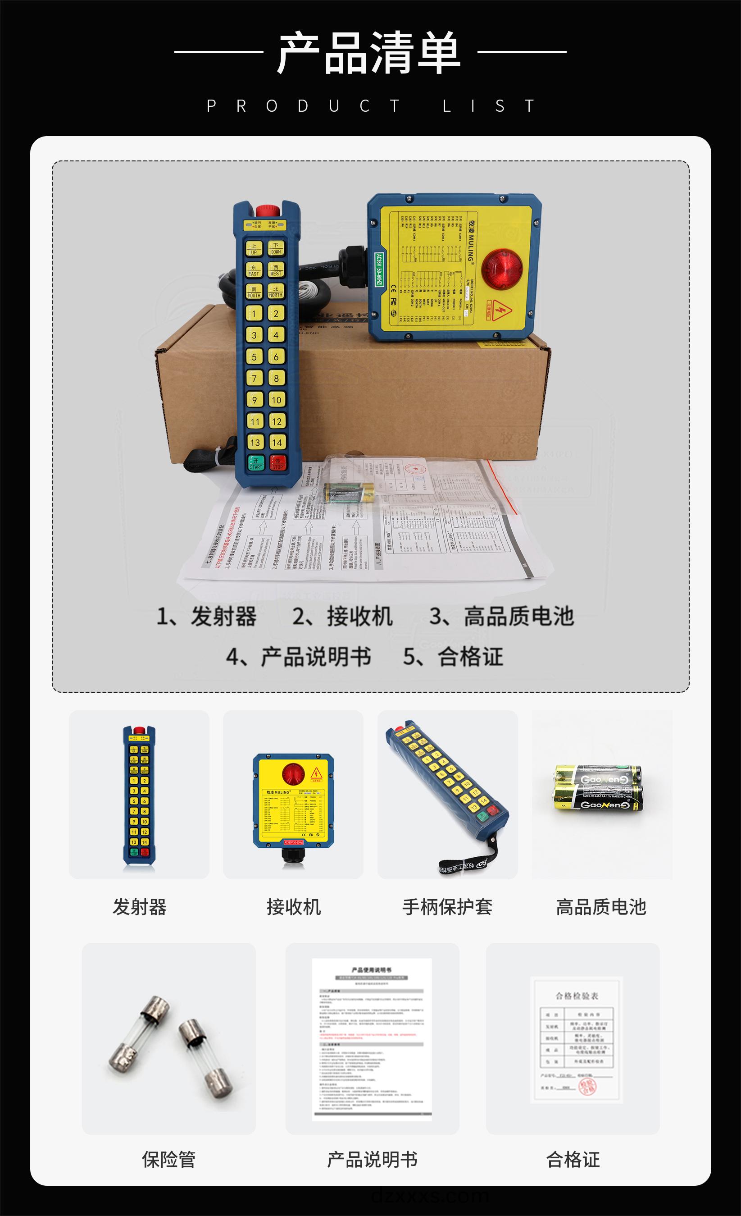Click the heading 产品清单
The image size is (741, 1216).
tap(369, 52)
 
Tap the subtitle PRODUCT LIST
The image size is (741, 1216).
tap(370, 106)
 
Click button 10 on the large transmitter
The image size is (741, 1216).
tap(276, 400)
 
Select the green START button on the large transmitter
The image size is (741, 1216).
tap(255, 463)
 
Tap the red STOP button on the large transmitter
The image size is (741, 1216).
tap(278, 463)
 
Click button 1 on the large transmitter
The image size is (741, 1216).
tap(254, 313)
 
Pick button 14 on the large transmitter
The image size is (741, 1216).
tap(277, 442)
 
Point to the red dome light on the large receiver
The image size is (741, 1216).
tap(501, 270)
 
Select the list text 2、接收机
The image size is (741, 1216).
tap(342, 617)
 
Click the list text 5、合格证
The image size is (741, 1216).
tap(453, 657)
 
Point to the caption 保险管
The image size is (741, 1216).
tap(169, 1159)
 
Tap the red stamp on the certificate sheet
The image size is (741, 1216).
tap(587, 1086)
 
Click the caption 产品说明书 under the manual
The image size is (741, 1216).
tap(373, 1159)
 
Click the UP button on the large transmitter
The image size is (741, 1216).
tap(254, 249)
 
